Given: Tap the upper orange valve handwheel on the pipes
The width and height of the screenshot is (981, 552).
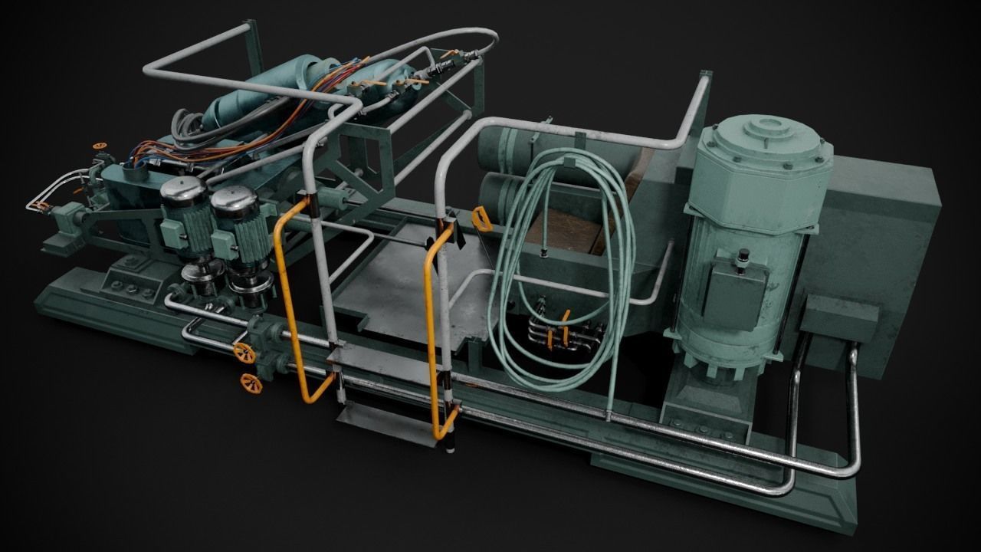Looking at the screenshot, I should pyautogui.click(x=244, y=353).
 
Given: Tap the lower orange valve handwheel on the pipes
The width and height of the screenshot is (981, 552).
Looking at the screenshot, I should pyautogui.click(x=251, y=383).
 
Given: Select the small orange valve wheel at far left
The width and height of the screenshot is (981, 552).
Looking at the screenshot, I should pyautogui.click(x=97, y=144).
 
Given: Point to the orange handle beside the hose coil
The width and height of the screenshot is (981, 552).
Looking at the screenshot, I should pyautogui.click(x=481, y=219).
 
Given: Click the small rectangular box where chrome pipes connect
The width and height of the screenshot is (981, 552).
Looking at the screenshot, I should pyautogui.click(x=840, y=319).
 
